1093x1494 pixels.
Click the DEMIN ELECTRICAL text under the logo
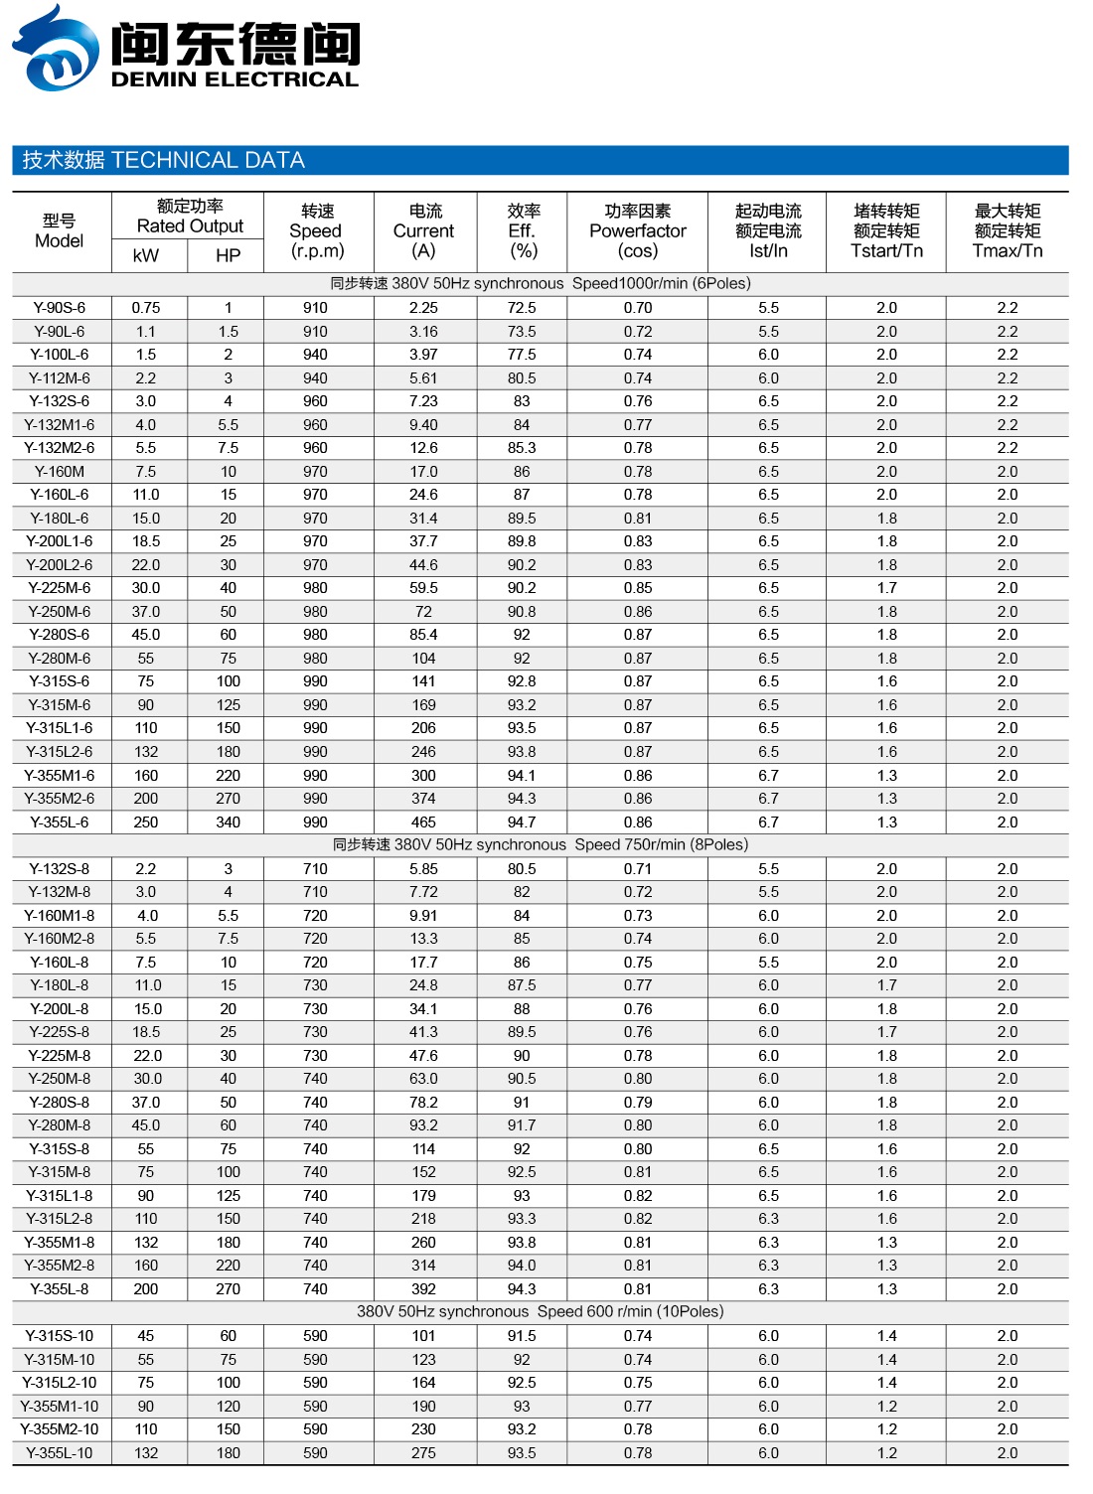pyautogui.click(x=234, y=79)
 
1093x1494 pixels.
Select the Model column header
pyautogui.click(x=60, y=231)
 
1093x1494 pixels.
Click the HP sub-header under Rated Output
pyautogui.click(x=228, y=255)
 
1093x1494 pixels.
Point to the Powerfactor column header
pyautogui.click(x=638, y=231)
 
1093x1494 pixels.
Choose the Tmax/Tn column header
pyautogui.click(x=1007, y=231)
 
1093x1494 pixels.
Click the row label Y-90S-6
pyautogui.click(x=60, y=308)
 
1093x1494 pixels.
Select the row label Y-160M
pyautogui.click(x=60, y=472)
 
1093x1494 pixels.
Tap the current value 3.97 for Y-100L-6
pyautogui.click(x=423, y=355)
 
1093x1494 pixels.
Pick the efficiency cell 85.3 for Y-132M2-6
pyautogui.click(x=522, y=448)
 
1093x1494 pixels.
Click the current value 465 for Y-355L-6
pyautogui.click(x=423, y=822)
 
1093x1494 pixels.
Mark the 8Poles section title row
pyautogui.click(x=541, y=845)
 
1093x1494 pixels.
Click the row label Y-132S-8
pyautogui.click(x=60, y=869)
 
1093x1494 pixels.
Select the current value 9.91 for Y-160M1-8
pyautogui.click(x=423, y=916)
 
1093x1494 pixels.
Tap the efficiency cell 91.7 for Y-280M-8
pyautogui.click(x=522, y=1125)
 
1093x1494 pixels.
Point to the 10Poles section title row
pyautogui.click(x=541, y=1312)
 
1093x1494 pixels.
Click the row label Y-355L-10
pyautogui.click(x=60, y=1453)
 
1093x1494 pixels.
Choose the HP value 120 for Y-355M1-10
pyautogui.click(x=228, y=1407)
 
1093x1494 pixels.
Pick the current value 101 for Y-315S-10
pyautogui.click(x=423, y=1336)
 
